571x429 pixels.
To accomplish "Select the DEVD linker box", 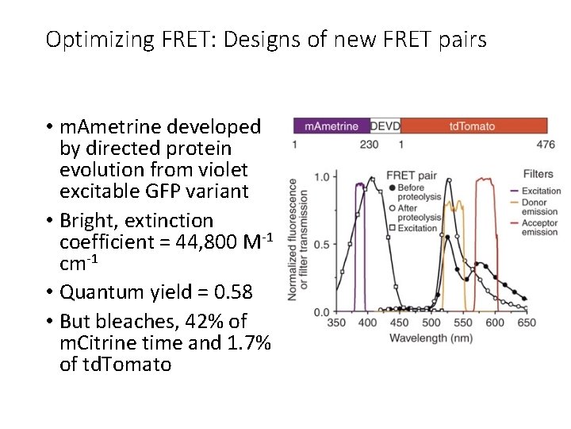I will click(x=385, y=126).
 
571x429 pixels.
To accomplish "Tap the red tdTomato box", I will click(x=473, y=126).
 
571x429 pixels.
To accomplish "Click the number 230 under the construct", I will click(x=369, y=145).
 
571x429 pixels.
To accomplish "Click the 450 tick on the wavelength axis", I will click(x=400, y=323).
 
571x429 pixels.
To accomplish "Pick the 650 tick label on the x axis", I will click(x=526, y=323).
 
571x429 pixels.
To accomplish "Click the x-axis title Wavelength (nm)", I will click(x=431, y=338).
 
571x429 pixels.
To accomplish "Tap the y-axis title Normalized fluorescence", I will click(x=294, y=238).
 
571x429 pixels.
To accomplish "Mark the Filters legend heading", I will click(x=538, y=174).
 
